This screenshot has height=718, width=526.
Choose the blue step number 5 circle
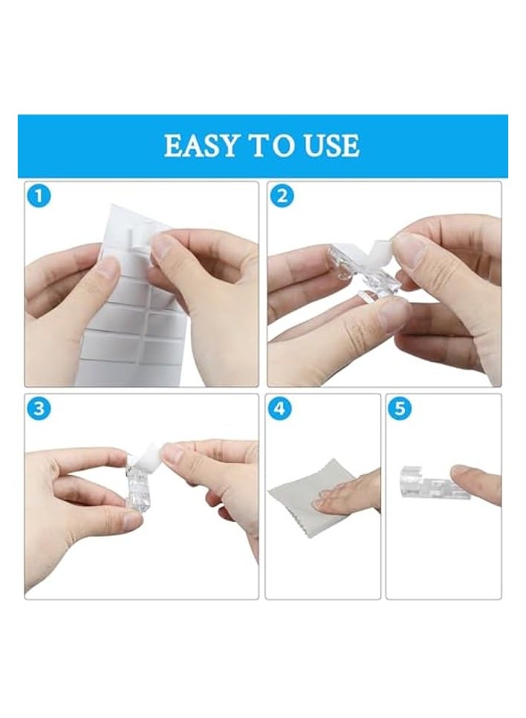coord(400,408)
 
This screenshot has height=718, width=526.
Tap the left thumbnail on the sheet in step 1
coord(108,267)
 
